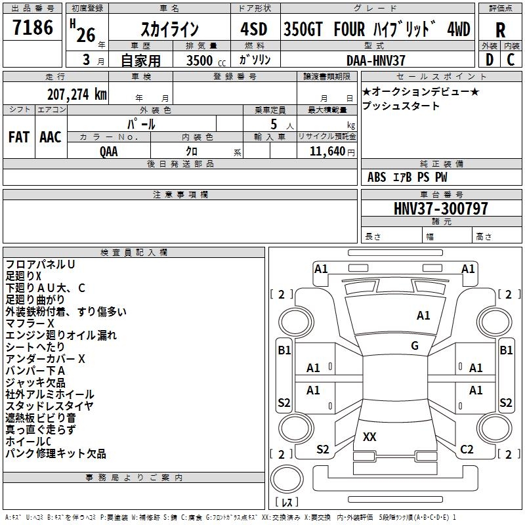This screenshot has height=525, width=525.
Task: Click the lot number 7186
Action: [33, 28]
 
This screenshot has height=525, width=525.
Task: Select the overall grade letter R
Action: [500, 30]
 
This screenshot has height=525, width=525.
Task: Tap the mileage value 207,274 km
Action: [77, 94]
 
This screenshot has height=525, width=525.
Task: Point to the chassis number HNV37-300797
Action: [440, 208]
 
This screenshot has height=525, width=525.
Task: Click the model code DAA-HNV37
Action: [375, 60]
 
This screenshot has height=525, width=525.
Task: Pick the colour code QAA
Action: [109, 152]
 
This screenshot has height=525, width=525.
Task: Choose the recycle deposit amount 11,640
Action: [327, 151]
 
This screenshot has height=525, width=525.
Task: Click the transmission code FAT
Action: [19, 137]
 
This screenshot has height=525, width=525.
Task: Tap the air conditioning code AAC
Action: [51, 137]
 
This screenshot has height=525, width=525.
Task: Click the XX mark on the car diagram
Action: [369, 436]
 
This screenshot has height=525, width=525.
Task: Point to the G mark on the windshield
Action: [415, 345]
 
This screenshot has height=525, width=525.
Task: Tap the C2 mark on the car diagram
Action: [467, 450]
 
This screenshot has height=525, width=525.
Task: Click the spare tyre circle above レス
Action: [287, 478]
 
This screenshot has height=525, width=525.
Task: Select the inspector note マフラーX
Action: [30, 324]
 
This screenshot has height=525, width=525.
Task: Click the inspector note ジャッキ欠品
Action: [35, 383]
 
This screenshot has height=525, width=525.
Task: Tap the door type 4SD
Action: [254, 29]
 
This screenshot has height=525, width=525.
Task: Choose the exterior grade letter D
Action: [490, 60]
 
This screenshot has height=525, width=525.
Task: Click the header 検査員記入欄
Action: [134, 253]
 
